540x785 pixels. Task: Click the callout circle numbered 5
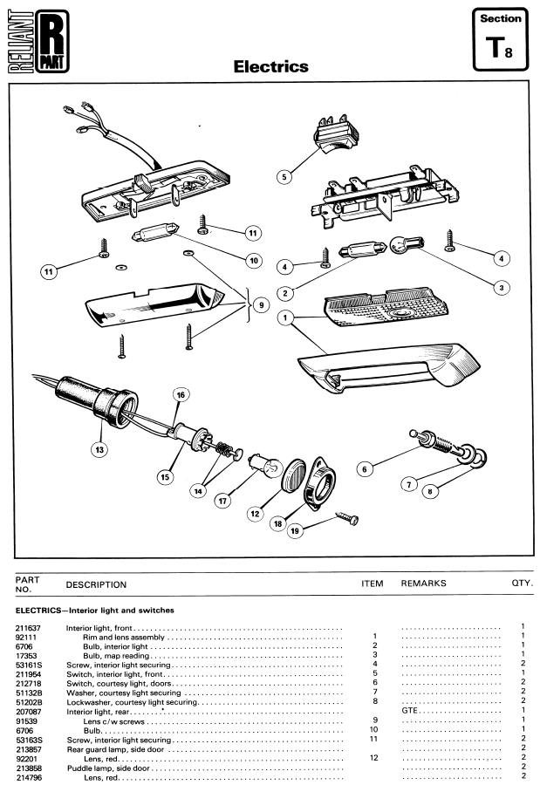tap(284, 177)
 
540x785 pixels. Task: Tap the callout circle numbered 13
tap(99, 449)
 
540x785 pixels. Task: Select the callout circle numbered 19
tap(295, 531)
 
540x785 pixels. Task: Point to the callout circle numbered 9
tap(261, 305)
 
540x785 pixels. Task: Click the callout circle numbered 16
tap(181, 395)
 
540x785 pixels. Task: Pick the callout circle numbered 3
tap(502, 288)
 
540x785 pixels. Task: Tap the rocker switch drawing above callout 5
tap(336, 133)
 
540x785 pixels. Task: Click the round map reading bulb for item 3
tap(407, 245)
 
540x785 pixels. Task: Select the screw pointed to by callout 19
tap(347, 517)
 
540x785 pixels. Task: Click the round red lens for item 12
tap(294, 474)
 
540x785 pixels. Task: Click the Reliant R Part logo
tap(38, 42)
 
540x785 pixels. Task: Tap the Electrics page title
tap(271, 66)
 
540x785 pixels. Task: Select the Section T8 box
tap(501, 39)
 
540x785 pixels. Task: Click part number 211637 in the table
tap(28, 628)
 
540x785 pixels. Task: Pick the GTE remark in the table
tap(410, 710)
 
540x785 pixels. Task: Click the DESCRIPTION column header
tap(96, 584)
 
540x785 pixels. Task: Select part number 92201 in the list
tap(25, 759)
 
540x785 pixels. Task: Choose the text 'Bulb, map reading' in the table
tap(116, 656)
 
